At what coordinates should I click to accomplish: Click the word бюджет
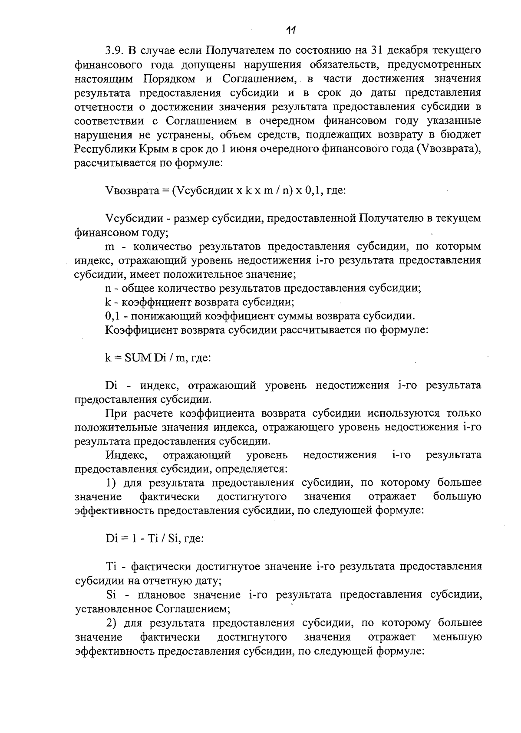pos(462,135)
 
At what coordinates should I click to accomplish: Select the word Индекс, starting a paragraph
pos(126,455)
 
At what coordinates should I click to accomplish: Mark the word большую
pos(457,496)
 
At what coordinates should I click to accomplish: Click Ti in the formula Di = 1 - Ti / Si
pos(153,539)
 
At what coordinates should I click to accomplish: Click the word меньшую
pos(457,637)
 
